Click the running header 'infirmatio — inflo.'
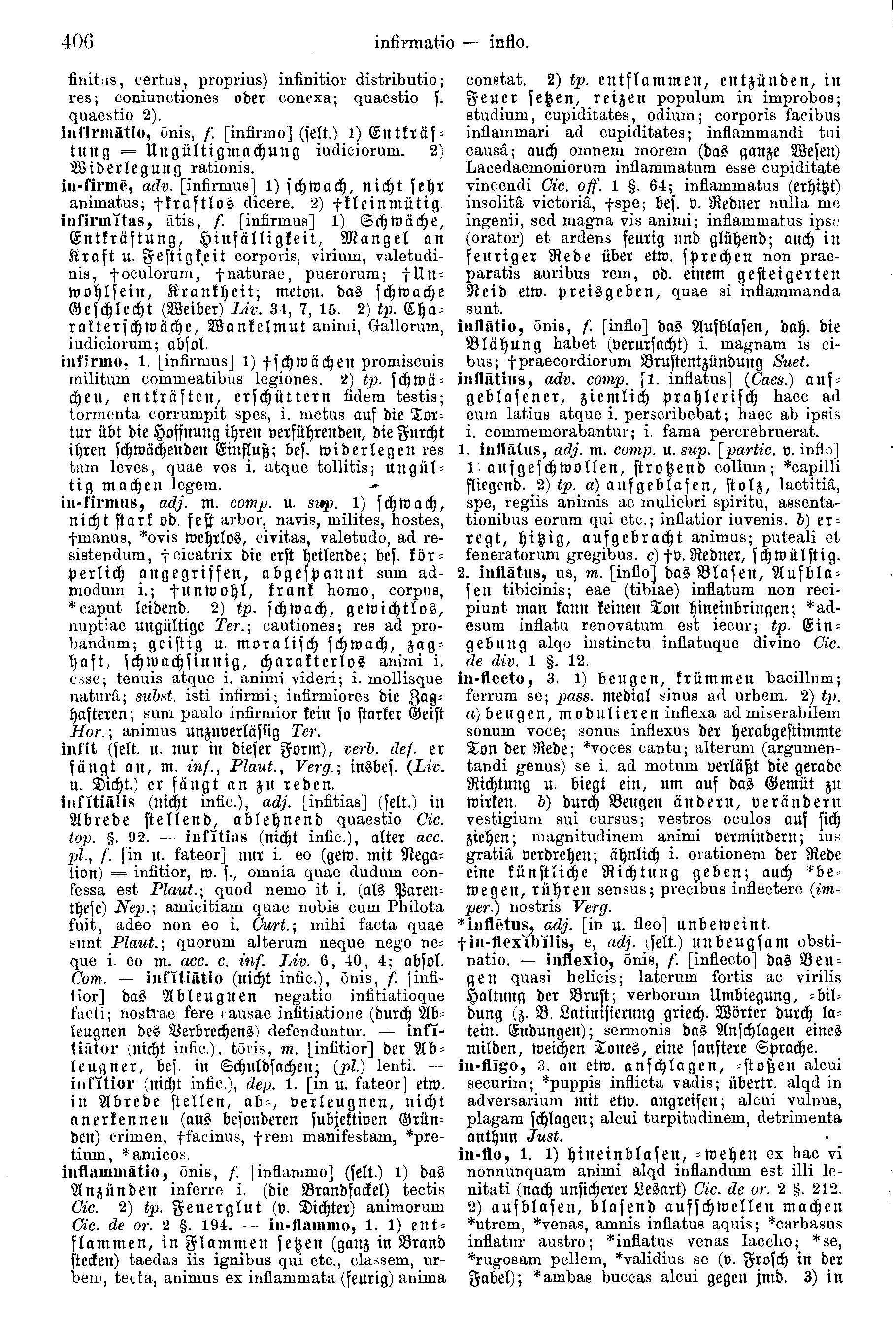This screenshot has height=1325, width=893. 452,42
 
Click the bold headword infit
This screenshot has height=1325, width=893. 73,749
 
